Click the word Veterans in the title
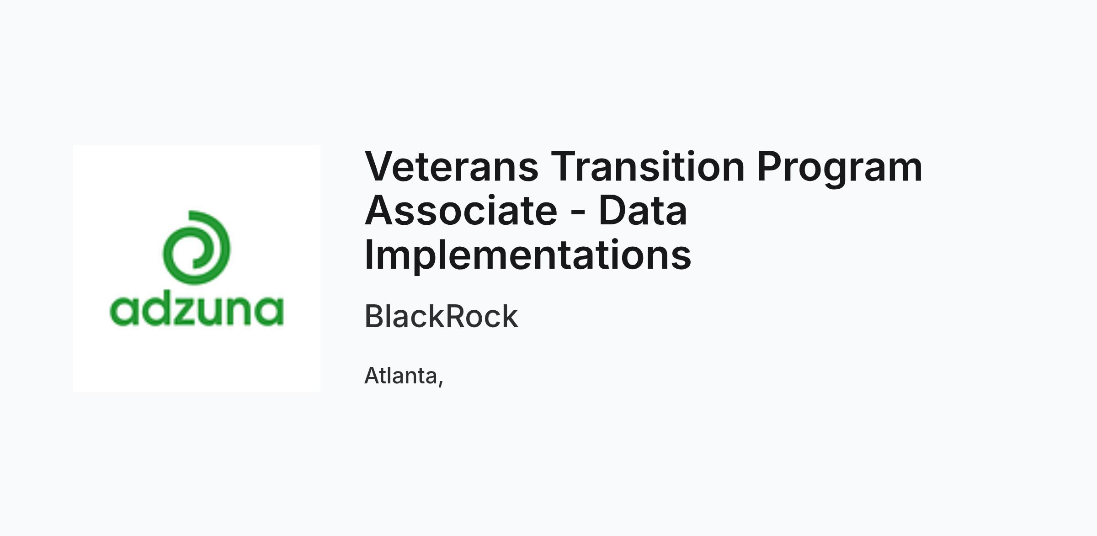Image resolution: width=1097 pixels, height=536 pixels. tap(452, 166)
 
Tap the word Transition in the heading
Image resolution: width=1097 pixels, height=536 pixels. tap(648, 166)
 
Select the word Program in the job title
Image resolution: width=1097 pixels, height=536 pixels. tap(840, 169)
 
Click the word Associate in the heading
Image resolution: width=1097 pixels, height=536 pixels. tap(461, 210)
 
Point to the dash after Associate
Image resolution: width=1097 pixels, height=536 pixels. tap(578, 212)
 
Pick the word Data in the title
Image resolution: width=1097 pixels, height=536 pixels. tap(643, 210)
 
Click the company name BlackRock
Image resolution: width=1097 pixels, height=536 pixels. tap(442, 316)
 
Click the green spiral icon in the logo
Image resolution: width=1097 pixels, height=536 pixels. tap(197, 247)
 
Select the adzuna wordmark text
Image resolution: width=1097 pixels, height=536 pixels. tap(197, 311)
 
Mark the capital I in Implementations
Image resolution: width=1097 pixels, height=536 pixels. tap(368, 254)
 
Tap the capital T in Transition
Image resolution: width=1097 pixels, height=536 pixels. tap(564, 167)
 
